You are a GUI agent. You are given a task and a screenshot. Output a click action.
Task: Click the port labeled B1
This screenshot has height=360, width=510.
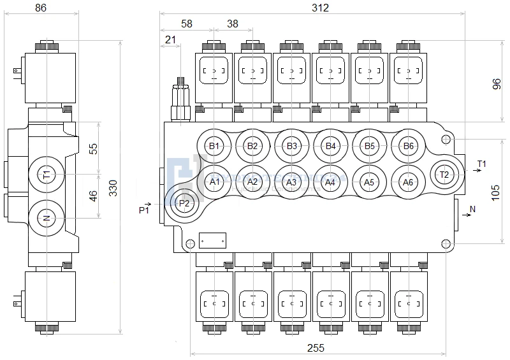215,146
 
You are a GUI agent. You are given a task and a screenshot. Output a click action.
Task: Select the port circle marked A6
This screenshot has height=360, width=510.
408,182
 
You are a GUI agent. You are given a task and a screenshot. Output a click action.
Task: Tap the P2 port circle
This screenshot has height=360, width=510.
184,203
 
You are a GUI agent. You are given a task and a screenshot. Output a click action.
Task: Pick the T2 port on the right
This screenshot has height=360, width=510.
444,175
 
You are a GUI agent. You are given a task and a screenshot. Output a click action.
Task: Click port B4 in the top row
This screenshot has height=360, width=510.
330,146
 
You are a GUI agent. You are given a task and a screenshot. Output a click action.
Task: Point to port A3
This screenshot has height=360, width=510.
291,182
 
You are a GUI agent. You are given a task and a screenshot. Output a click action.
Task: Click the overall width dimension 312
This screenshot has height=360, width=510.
320,8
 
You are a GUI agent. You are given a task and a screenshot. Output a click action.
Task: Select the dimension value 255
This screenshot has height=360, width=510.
316,348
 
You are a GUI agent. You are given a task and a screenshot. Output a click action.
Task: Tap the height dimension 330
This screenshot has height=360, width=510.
113,188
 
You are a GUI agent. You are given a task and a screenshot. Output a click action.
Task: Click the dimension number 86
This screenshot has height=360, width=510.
41,8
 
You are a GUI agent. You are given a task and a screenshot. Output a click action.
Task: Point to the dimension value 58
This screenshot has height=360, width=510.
186,24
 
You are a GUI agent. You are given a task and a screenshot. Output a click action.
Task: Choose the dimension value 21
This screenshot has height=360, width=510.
170,40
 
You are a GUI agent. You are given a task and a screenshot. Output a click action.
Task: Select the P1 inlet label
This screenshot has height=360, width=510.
144,210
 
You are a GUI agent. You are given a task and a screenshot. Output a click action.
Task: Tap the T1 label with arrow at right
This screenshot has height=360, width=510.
481,164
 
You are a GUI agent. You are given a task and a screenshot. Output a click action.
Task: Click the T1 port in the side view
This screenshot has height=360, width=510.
46,174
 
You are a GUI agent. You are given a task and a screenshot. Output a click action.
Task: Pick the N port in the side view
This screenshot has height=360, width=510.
46,218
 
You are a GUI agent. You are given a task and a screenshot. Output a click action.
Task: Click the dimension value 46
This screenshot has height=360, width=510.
93,196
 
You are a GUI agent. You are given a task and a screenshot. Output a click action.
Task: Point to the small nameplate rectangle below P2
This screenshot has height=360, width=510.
212,240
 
